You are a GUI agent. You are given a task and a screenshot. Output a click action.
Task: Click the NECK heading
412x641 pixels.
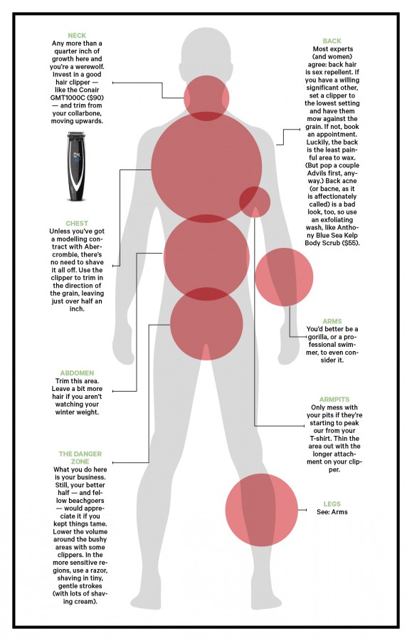point(77,36)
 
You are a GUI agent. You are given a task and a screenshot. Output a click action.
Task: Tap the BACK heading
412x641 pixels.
point(332,41)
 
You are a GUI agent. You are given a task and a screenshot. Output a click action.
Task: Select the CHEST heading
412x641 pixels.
point(77,223)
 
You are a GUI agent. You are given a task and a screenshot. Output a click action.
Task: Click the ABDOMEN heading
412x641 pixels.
point(77,372)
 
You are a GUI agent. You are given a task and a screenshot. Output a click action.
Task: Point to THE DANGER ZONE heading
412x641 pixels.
point(80,457)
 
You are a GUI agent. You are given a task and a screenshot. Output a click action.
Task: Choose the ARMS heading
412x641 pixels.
point(332,321)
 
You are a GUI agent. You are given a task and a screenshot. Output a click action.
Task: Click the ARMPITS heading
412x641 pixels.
point(334,400)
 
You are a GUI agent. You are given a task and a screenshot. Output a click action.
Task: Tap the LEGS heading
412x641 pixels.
point(332,504)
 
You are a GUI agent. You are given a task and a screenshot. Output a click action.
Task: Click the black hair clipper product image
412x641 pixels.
point(76,166)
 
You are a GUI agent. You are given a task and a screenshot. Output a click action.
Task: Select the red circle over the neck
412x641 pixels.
point(206,98)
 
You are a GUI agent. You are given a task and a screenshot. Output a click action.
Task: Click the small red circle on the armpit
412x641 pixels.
point(254,202)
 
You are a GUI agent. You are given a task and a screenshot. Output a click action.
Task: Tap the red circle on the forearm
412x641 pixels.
point(284,277)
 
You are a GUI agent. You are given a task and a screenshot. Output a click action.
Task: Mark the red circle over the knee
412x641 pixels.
point(262,510)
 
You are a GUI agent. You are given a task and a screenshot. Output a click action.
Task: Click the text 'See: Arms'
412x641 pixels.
point(332,512)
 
